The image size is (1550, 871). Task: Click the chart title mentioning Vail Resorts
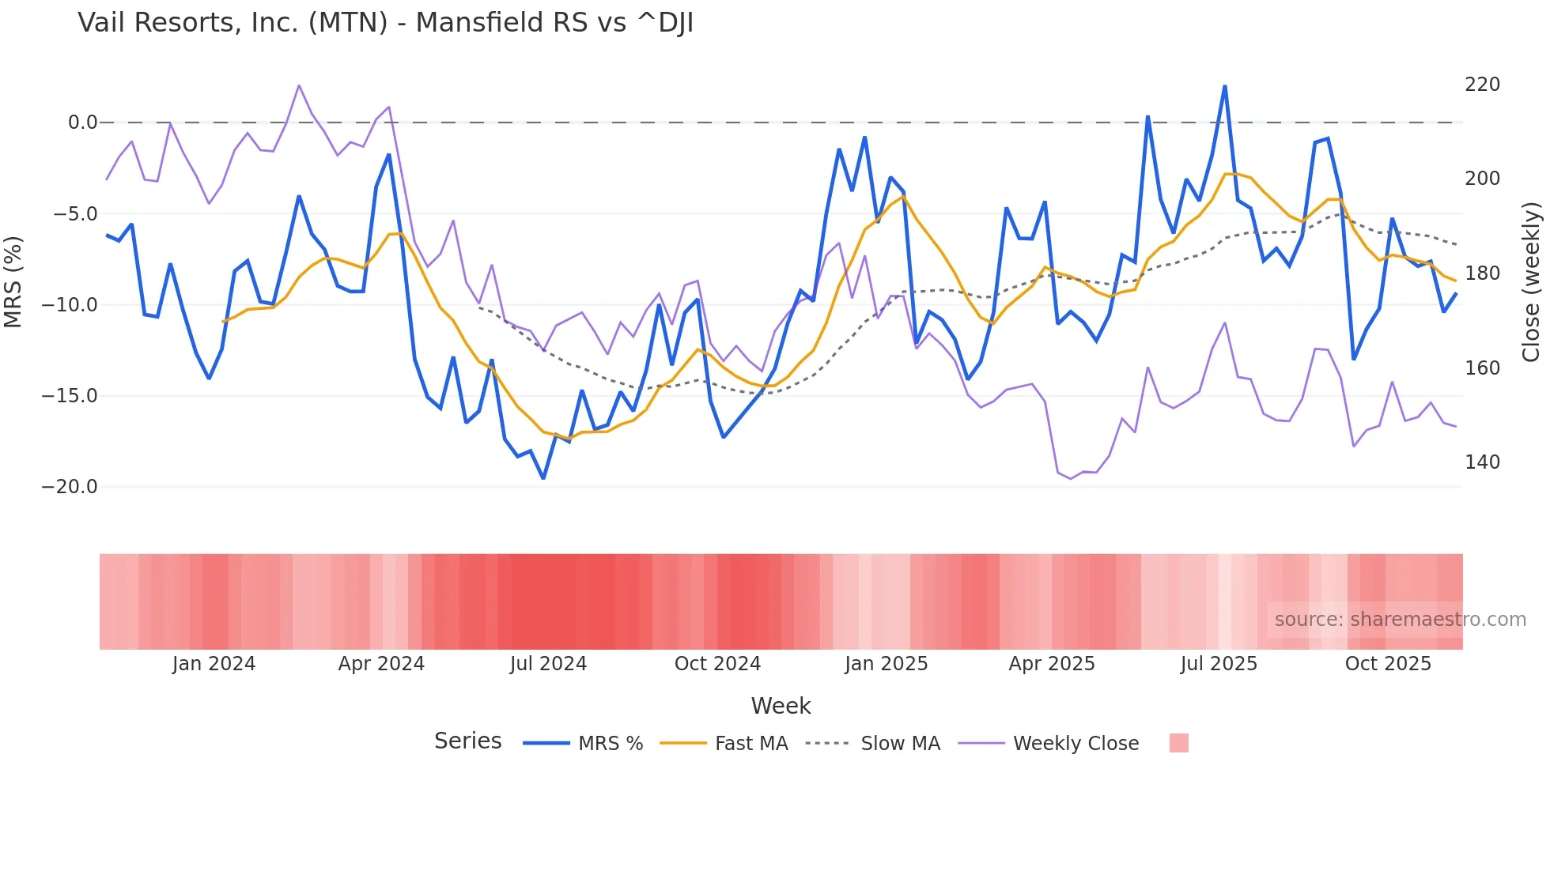(385, 23)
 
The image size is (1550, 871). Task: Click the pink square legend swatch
(1178, 743)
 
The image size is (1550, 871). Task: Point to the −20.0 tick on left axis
(70, 487)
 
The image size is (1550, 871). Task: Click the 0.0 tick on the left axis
(82, 123)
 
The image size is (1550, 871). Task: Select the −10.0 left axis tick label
(70, 305)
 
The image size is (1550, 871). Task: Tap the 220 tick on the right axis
(1482, 85)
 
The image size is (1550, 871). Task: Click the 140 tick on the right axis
(1482, 462)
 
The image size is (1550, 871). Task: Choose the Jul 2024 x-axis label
(548, 664)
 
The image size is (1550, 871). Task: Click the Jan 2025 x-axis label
(886, 664)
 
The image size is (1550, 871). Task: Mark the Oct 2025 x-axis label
(1388, 664)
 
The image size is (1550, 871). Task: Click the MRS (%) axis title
(13, 282)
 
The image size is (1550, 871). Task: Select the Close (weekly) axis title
(1531, 282)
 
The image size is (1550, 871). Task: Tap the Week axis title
(781, 706)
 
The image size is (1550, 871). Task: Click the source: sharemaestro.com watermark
(1400, 620)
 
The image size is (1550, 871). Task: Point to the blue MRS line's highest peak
(1225, 86)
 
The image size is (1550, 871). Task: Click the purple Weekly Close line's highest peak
(299, 85)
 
